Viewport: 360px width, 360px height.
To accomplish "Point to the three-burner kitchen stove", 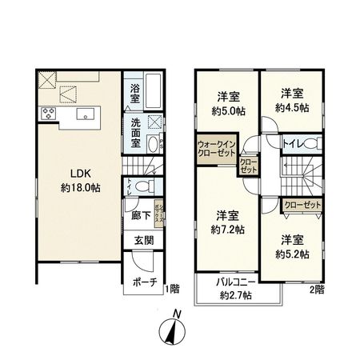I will click(x=48, y=114).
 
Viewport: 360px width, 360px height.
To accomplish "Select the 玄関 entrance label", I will click(x=145, y=241).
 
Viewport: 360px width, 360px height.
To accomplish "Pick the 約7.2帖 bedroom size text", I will click(x=229, y=229).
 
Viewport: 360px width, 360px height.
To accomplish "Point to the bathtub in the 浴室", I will click(x=154, y=93).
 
